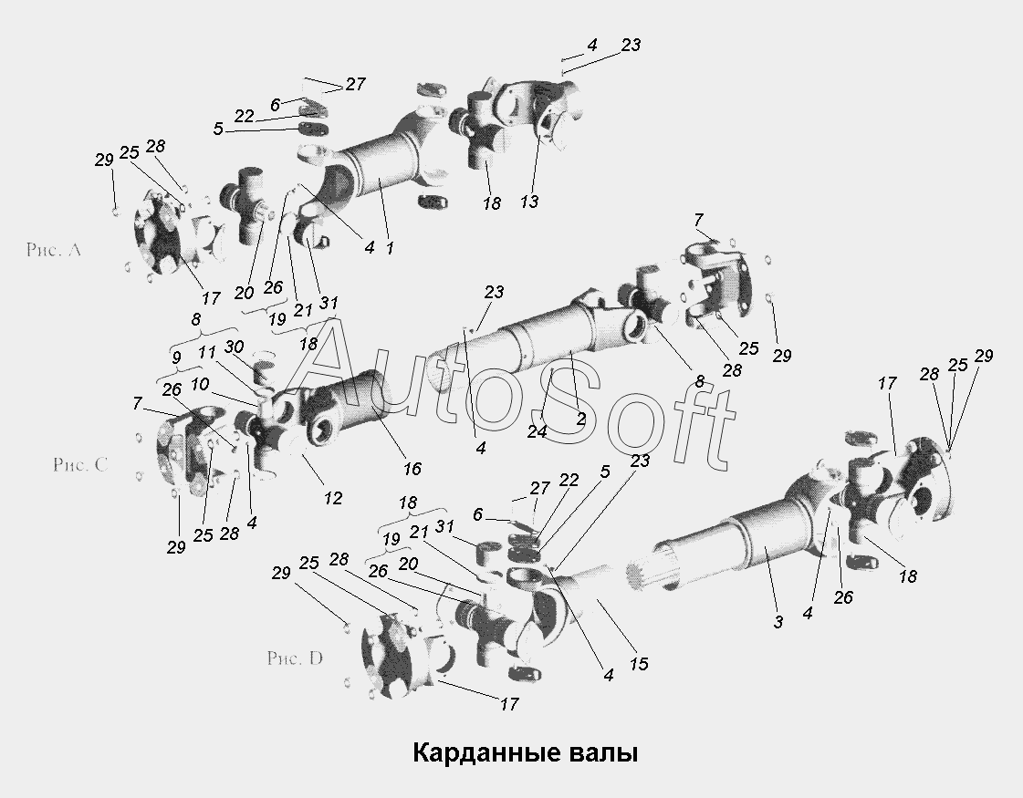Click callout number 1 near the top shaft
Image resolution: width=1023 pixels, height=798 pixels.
(x=390, y=248)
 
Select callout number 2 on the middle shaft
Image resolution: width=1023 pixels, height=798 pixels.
(x=581, y=420)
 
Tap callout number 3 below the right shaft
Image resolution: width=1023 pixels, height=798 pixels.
(x=778, y=623)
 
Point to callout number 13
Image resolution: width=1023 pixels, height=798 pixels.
(x=529, y=202)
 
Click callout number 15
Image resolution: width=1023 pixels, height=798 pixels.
(x=639, y=664)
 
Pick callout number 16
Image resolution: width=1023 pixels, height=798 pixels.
(x=412, y=468)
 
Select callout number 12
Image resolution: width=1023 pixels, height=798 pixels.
(x=333, y=499)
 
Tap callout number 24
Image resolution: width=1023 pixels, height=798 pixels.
(x=537, y=431)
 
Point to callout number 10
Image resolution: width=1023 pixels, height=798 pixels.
(x=200, y=384)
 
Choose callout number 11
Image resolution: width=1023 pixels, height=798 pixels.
(x=207, y=353)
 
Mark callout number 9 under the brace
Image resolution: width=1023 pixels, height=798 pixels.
(x=176, y=358)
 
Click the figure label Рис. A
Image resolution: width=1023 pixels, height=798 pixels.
(x=54, y=250)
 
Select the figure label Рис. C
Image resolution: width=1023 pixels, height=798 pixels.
(x=80, y=464)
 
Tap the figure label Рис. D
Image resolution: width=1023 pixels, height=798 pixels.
(x=295, y=658)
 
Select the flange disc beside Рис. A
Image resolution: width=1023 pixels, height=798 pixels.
(x=157, y=233)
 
